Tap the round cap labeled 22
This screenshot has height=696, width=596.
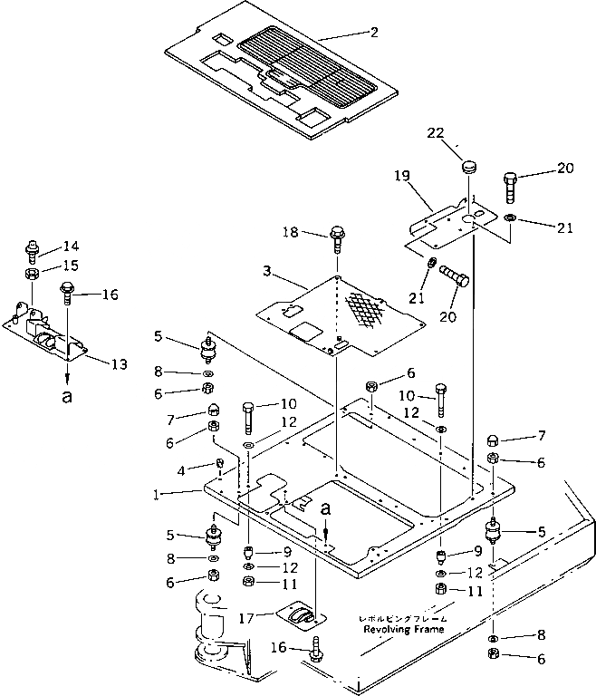468,166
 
